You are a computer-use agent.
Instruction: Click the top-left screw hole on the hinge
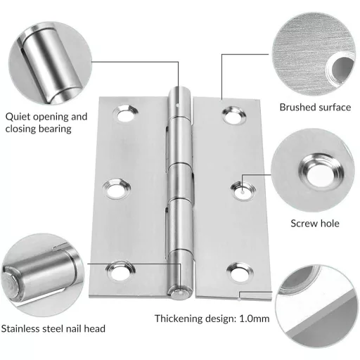pyautogui.click(x=125, y=112)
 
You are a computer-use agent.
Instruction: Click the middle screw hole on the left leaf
pyautogui.click(x=115, y=189)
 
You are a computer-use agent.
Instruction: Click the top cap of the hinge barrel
pyautogui.click(x=179, y=92)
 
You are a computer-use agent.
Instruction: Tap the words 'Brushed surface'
pyautogui.click(x=315, y=108)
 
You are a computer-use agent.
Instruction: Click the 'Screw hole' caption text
pyautogui.click(x=316, y=224)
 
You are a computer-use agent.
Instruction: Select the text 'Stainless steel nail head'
pyautogui.click(x=54, y=328)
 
